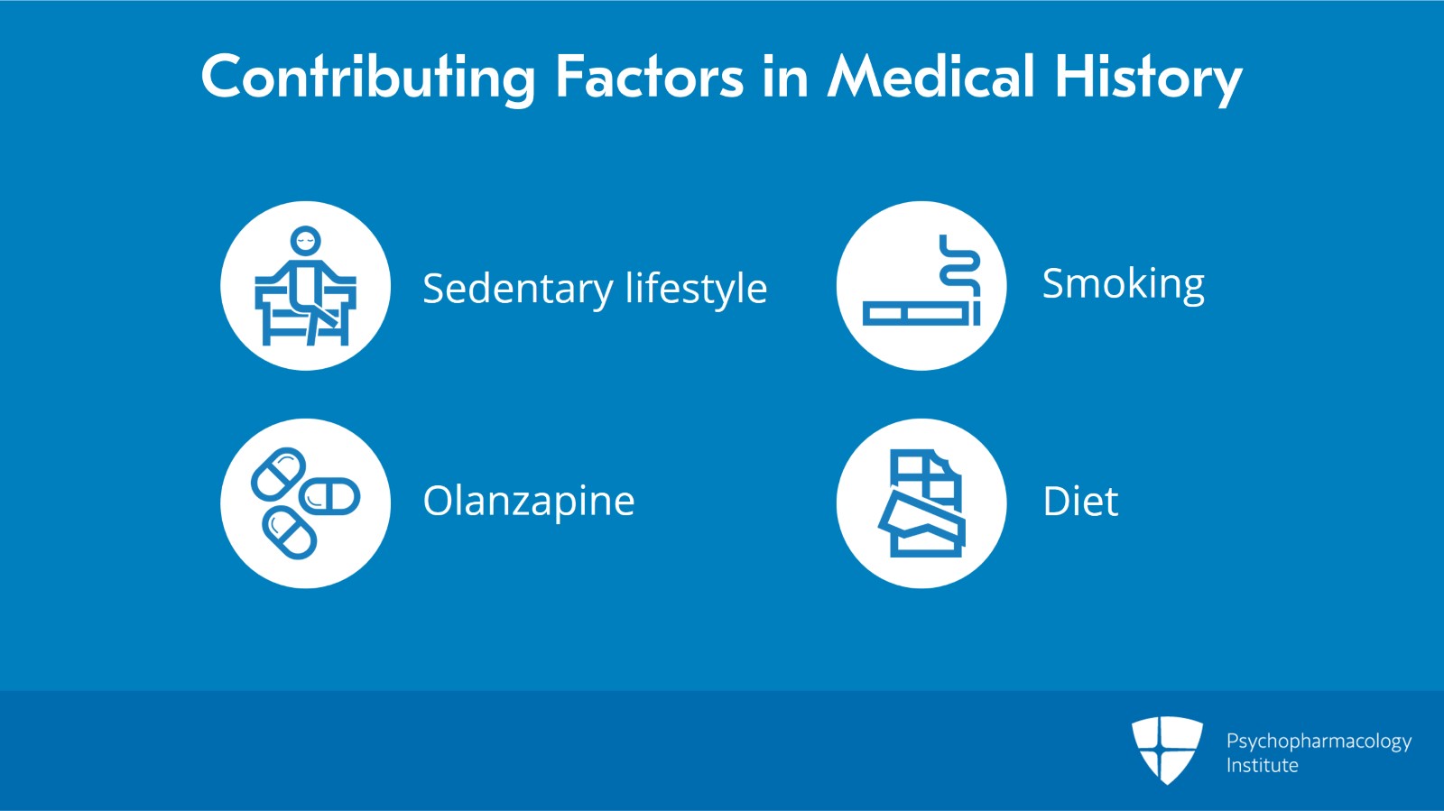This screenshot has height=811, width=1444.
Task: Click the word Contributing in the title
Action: coord(367,77)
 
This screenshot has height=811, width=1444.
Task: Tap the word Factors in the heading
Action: coord(649,77)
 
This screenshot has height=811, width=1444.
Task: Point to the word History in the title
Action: coord(1148,77)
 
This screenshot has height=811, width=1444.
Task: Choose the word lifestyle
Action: coord(696,289)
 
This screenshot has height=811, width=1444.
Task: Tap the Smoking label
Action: coord(1123,284)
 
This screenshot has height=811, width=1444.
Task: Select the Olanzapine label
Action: coord(529,502)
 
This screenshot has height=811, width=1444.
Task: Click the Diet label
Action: coord(1080,502)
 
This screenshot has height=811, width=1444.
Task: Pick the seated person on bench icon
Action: coord(305,287)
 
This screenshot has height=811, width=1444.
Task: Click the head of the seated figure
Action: coord(305,241)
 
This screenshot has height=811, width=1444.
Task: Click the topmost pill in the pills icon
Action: coord(278,473)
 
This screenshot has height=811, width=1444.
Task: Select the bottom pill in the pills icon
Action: coord(289,533)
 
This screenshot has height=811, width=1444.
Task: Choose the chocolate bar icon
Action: coord(921,503)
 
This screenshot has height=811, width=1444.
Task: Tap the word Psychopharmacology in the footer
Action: coord(1319,742)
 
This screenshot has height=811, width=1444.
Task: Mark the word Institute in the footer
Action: coord(1262,766)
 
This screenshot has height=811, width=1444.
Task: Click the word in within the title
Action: coord(784,77)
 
